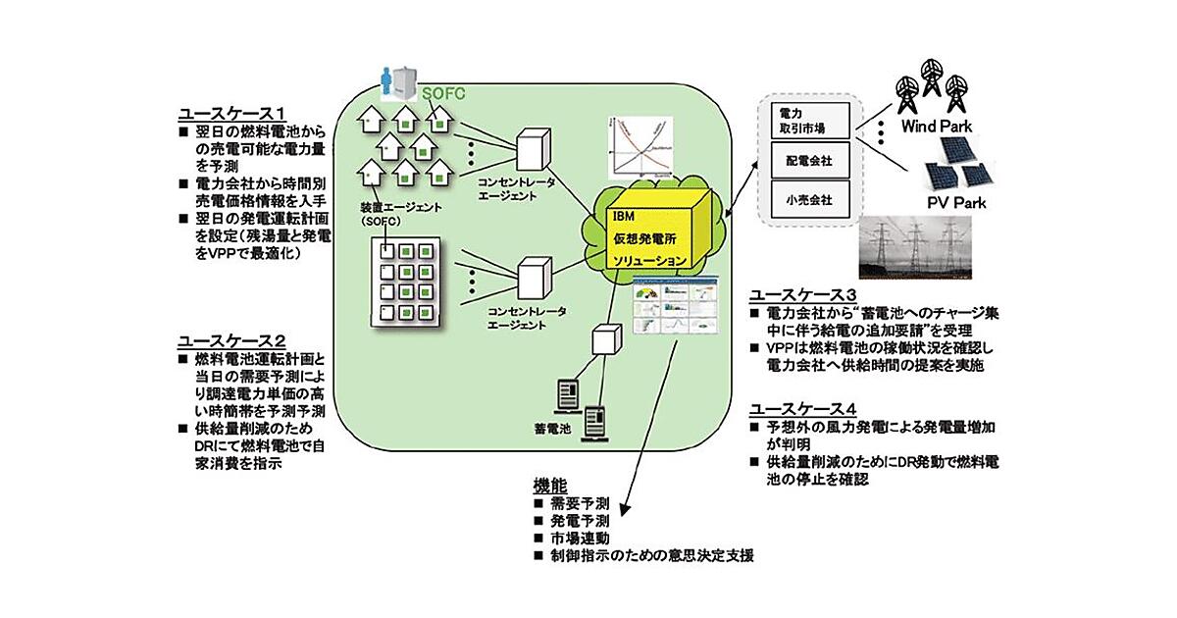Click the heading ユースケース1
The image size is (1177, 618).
[230, 112]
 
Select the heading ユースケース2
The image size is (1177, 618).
[230, 340]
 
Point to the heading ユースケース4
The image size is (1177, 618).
[803, 408]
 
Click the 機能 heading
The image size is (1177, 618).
[549, 485]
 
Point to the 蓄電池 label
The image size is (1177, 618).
[551, 430]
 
